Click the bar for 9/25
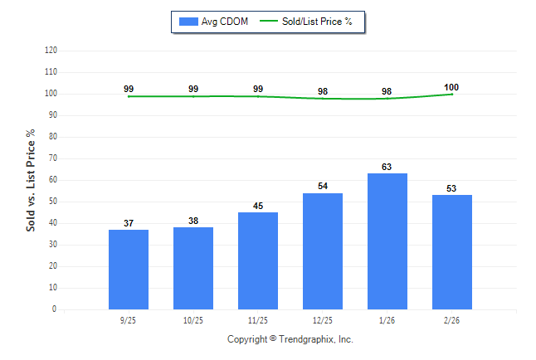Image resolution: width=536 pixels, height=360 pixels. coord(129,269)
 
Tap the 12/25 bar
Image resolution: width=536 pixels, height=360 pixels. coord(323,251)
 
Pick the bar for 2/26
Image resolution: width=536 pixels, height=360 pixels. coord(452,251)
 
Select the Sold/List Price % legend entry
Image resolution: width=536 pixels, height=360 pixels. coord(306,21)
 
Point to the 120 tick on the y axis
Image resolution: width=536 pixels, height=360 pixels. coord(51,51)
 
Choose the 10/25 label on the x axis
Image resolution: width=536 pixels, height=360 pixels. coord(193,319)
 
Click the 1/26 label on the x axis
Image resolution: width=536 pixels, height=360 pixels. coord(387,319)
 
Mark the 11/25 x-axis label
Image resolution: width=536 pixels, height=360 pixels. coord(258,319)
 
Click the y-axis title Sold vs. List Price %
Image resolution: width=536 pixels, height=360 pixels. coord(32,179)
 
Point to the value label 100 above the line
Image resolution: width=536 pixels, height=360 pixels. coord(452,87)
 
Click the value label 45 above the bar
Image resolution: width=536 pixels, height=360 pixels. coord(258,206)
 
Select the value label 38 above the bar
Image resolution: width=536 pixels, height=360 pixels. coord(193,221)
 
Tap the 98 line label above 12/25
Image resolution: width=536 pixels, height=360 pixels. coord(323,91)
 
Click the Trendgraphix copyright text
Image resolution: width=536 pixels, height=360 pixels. coord(290,339)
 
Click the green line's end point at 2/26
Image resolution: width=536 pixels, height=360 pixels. coord(452,94)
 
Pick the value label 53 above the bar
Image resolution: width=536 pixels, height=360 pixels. coord(452,188)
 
